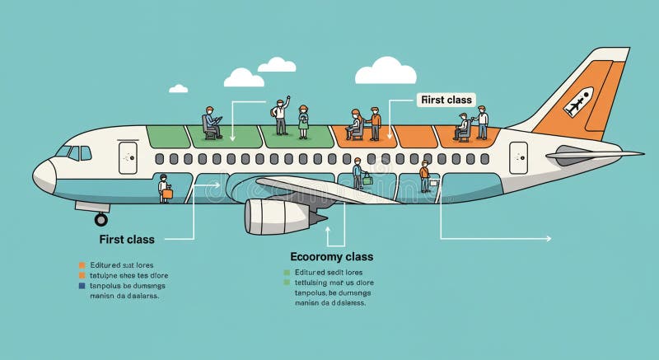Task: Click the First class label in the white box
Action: click(x=446, y=100)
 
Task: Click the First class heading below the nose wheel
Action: click(x=127, y=240)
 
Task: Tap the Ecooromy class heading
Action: click(x=331, y=257)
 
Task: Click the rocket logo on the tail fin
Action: click(x=578, y=102)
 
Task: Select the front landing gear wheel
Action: click(x=101, y=220)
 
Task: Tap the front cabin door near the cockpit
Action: click(x=127, y=157)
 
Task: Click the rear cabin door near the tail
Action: click(x=518, y=157)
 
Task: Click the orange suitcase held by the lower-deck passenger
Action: click(x=167, y=195)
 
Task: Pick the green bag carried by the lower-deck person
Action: click(x=367, y=179)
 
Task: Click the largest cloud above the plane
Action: click(x=385, y=72)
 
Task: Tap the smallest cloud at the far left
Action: click(x=178, y=88)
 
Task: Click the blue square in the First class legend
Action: click(x=82, y=286)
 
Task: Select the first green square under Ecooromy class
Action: click(x=287, y=272)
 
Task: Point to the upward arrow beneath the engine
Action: click(x=329, y=228)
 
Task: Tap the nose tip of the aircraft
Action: click(x=35, y=175)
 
